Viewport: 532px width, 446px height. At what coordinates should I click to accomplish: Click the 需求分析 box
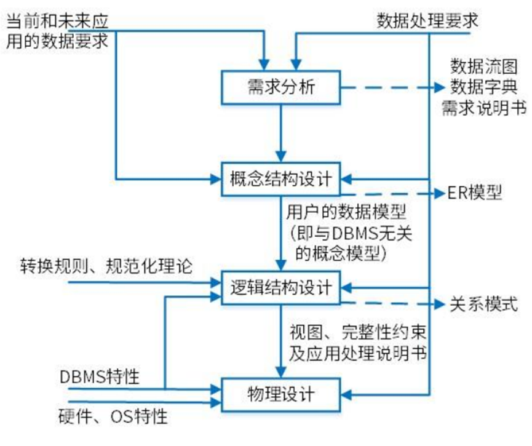281,88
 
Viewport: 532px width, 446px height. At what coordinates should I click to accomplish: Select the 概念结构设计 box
281,180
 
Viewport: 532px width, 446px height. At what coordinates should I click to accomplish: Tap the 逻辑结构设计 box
281,287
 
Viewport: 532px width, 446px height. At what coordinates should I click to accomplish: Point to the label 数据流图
486,66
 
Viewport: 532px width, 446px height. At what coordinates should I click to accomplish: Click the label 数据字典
486,86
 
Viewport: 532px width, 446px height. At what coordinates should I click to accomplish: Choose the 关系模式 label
485,305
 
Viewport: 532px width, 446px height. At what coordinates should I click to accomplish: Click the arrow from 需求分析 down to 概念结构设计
281,132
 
